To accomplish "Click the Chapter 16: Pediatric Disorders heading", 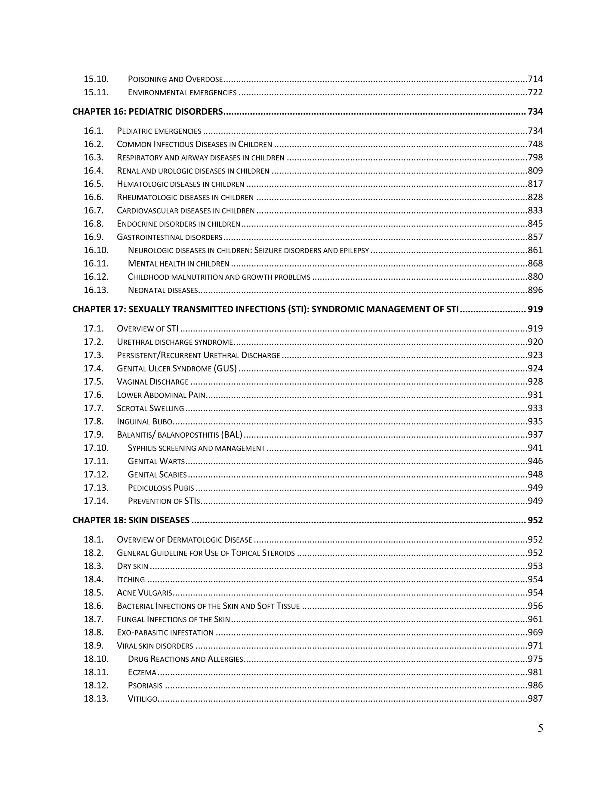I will tap(147, 112).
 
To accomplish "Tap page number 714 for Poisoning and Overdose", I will tap(535, 79).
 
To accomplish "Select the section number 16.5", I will tap(94, 184).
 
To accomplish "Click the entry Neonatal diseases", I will tap(163, 290).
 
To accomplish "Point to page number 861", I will tap(535, 250).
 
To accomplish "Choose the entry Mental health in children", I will tap(178, 264).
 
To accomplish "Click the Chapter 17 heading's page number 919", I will tap(535, 309).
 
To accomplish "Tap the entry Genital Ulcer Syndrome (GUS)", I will tap(177, 369).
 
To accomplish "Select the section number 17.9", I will tap(94, 435).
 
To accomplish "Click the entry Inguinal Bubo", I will tap(144, 421).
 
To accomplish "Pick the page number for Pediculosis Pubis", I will tap(535, 488).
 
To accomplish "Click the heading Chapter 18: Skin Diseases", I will tap(131, 520).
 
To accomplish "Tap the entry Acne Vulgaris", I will tap(144, 593).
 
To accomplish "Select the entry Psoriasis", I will tap(145, 686).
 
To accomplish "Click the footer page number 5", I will tap(540, 728).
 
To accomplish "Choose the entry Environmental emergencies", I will tap(182, 93).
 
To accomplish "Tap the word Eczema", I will tap(142, 672).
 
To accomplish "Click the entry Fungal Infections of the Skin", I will tap(173, 619).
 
